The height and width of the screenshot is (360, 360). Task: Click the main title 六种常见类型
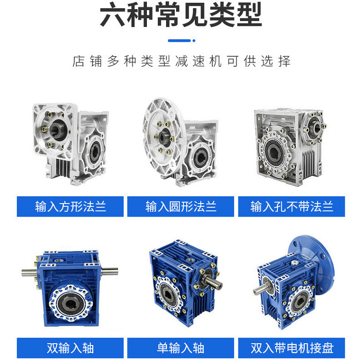(181, 14)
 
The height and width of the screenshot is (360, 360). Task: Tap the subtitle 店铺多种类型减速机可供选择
(181, 61)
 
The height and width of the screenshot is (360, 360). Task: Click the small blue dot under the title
(194, 41)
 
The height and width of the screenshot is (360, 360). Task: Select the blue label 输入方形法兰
(70, 206)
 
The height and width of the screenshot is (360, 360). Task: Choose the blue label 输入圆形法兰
(180, 206)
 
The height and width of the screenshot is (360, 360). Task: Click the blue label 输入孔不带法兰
(291, 206)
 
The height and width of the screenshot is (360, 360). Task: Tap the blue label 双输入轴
(70, 348)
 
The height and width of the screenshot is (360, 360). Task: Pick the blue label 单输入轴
(180, 348)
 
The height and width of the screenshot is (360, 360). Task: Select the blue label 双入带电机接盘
(291, 348)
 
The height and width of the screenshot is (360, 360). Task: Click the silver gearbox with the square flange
(70, 144)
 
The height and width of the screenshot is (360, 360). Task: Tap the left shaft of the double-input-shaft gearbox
(30, 273)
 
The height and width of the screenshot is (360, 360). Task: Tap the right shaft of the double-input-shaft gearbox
(110, 272)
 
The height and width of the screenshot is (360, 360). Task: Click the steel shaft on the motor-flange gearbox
(261, 288)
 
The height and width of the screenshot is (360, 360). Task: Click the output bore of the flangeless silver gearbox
(273, 152)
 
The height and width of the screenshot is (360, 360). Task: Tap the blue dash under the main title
(180, 41)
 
